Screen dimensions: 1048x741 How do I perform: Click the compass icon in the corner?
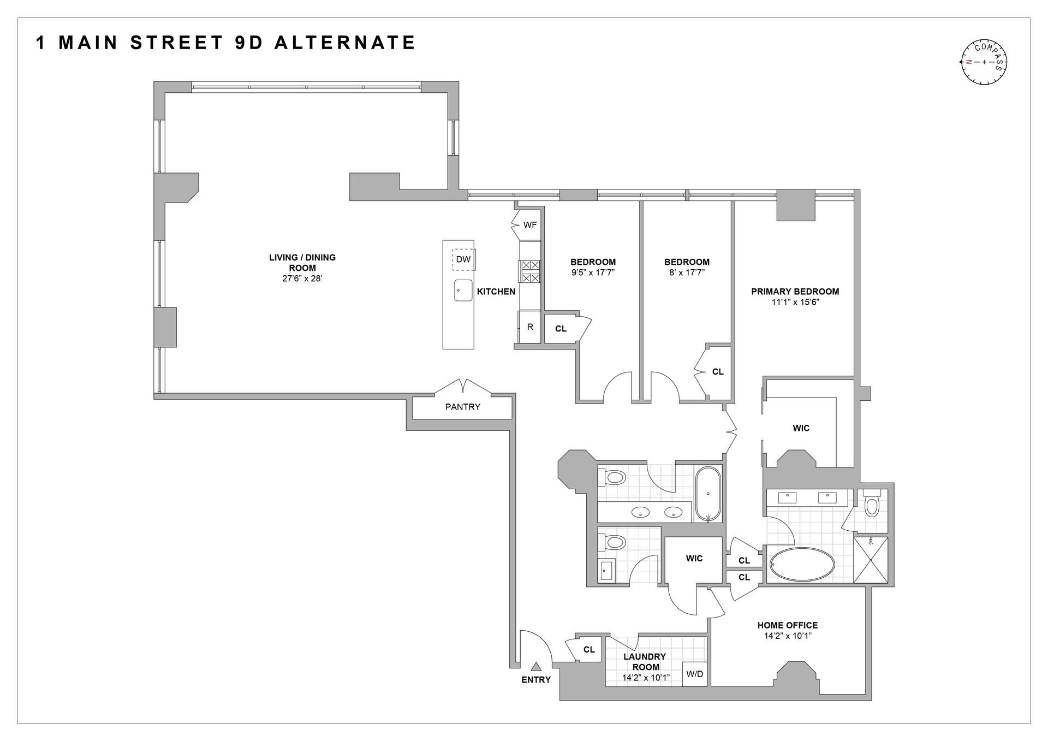click(984, 62)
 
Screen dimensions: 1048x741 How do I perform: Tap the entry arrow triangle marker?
click(536, 666)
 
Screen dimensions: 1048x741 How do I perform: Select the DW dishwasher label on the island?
click(463, 259)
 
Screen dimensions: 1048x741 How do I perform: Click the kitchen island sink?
click(463, 290)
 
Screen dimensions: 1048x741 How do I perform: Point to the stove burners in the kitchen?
click(530, 271)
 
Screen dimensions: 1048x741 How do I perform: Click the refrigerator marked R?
click(529, 327)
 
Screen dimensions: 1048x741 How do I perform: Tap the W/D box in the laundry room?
click(694, 674)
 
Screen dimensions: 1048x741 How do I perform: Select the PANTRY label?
click(462, 407)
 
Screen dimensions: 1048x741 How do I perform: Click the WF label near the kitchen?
click(529, 224)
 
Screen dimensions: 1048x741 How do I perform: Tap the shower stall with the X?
click(871, 560)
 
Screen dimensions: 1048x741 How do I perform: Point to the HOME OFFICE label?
click(788, 625)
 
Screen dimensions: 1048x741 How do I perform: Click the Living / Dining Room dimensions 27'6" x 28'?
click(302, 278)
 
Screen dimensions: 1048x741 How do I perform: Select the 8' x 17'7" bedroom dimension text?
click(687, 272)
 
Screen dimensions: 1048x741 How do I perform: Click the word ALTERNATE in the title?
click(345, 43)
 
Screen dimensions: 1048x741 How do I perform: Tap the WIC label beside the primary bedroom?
click(801, 428)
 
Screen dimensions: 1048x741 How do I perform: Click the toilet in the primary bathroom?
click(872, 503)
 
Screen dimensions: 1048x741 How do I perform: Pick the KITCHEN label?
click(496, 292)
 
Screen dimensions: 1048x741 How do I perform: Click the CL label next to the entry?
click(589, 650)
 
